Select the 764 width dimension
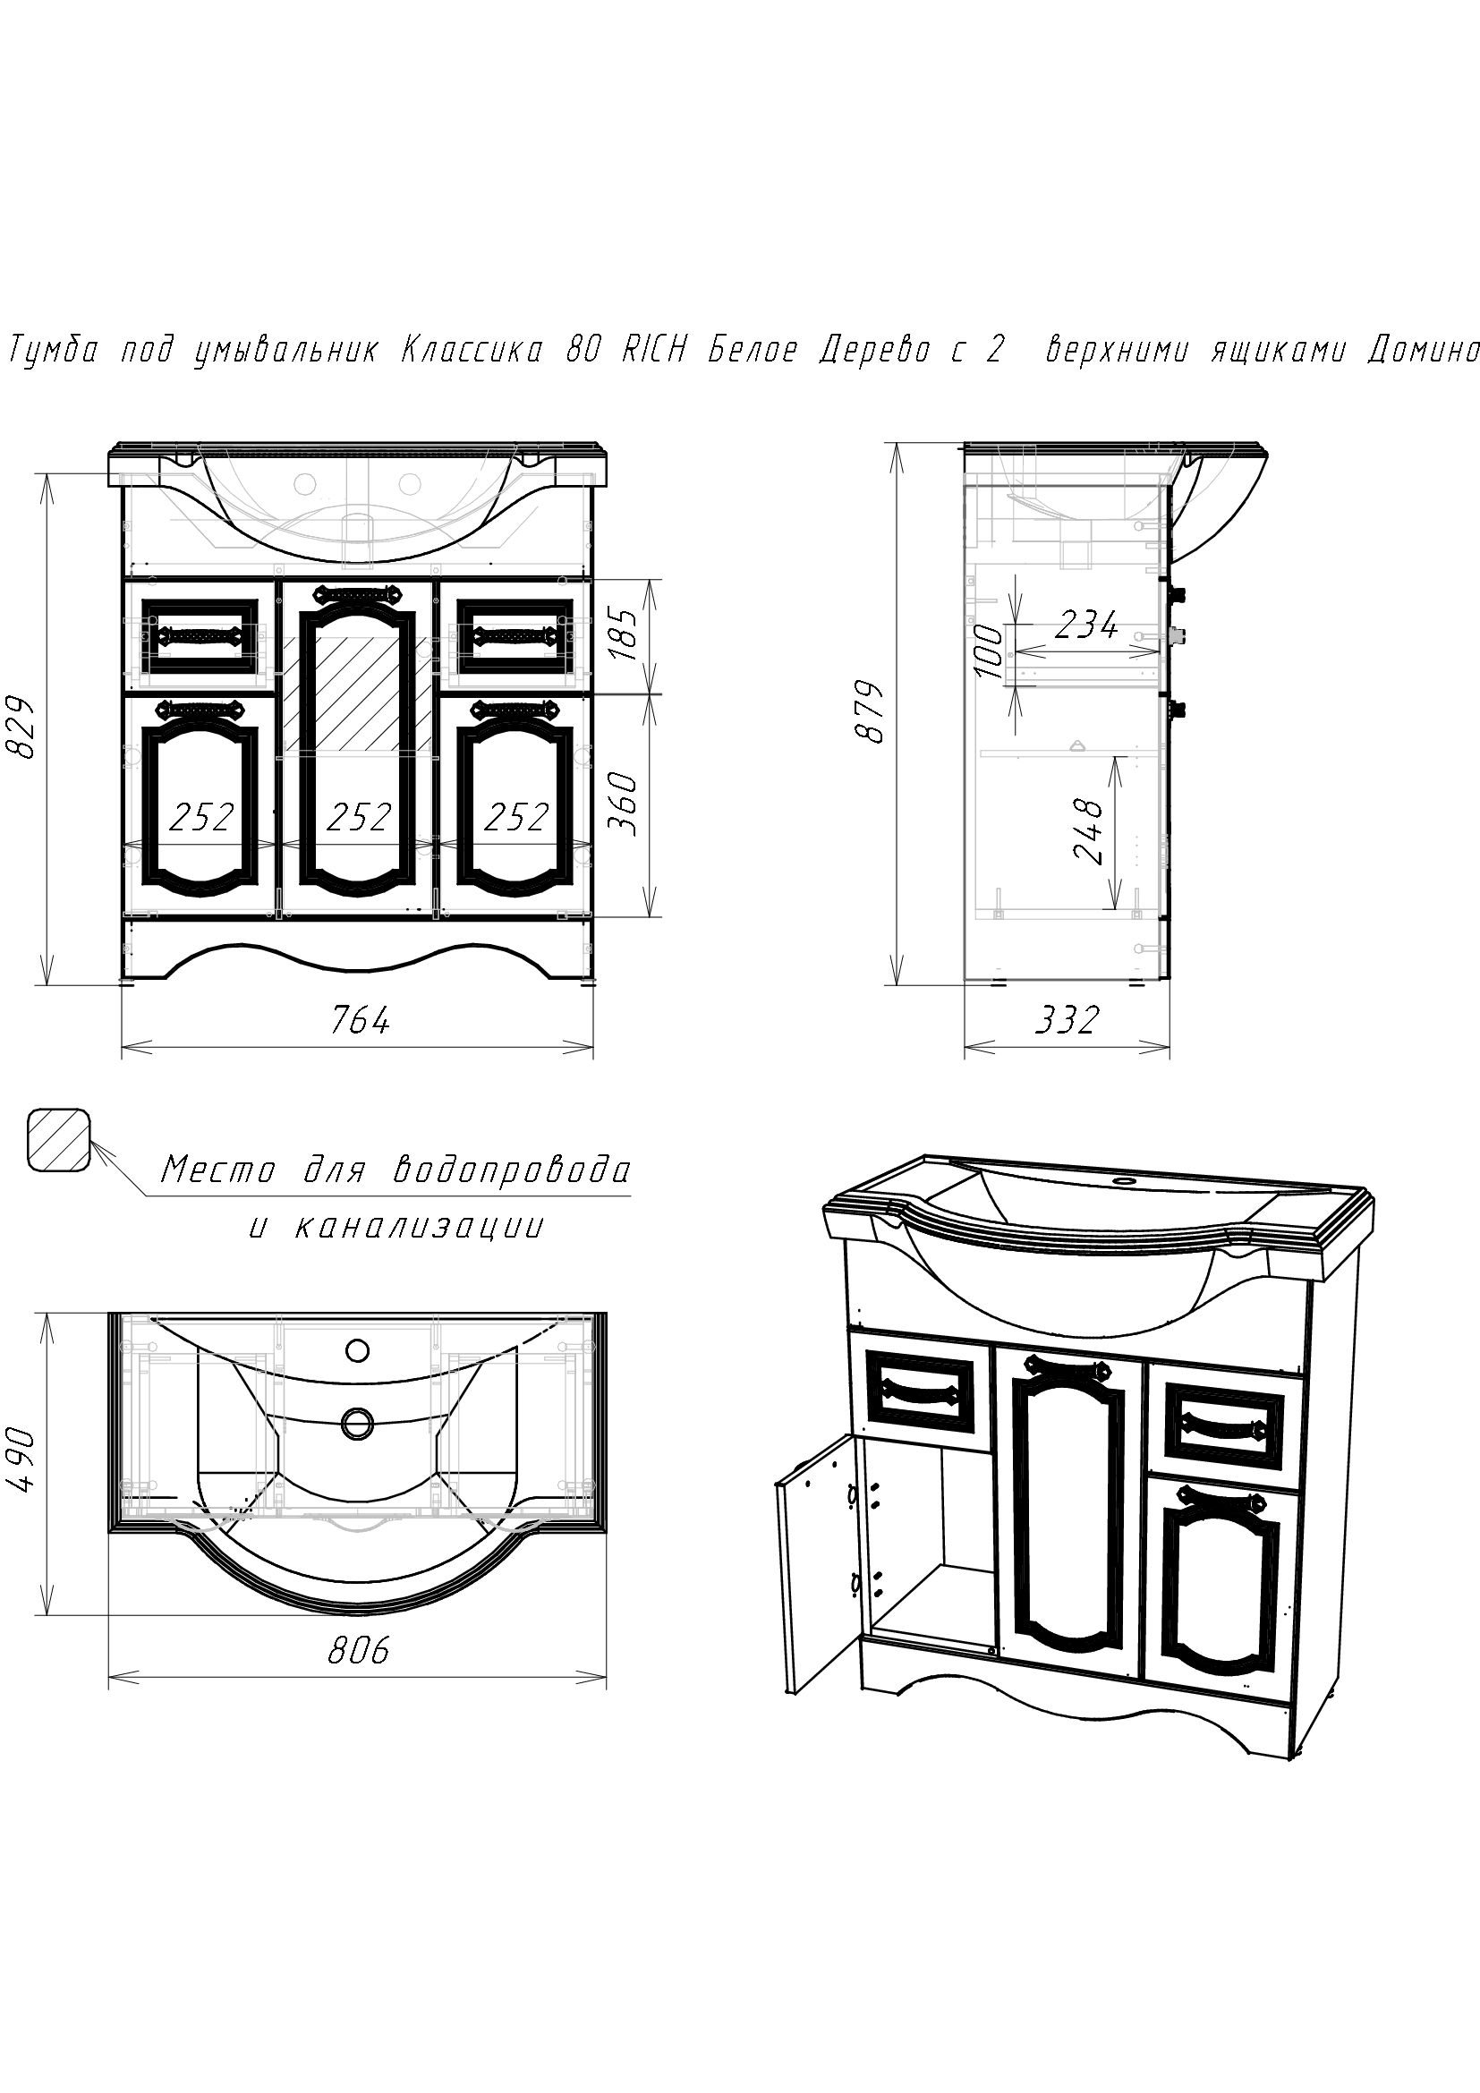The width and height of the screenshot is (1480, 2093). click(x=360, y=1019)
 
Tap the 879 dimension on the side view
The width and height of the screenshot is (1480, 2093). click(x=874, y=713)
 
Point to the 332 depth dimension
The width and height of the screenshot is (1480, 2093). click(x=1067, y=1019)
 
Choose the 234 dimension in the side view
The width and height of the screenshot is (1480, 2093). click(x=1086, y=625)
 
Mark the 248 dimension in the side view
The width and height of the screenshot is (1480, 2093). click(x=1088, y=830)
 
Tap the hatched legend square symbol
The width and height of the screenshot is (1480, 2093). click(x=58, y=1140)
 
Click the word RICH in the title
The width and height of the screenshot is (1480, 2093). click(x=653, y=349)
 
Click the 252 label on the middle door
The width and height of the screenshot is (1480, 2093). click(x=358, y=817)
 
